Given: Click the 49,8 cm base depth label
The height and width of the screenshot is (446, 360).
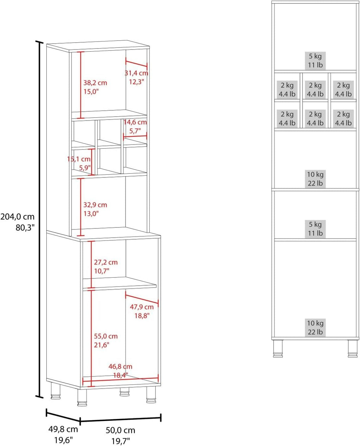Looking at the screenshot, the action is [x=63, y=429].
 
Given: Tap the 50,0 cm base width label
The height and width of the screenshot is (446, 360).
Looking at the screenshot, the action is [x=121, y=430].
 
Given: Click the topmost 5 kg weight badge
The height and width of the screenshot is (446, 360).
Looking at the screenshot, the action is [x=315, y=60].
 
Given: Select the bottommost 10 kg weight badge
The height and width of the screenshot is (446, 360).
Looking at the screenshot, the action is [x=315, y=328].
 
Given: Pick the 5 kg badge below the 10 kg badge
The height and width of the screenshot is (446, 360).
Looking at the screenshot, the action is [x=315, y=229].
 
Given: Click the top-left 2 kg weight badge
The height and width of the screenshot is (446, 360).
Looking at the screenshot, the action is [x=287, y=90].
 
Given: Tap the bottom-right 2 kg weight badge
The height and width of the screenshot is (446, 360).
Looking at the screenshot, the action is [x=343, y=118].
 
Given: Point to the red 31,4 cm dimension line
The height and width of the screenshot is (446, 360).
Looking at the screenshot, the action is [x=136, y=64].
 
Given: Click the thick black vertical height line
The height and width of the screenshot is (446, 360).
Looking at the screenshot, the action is [x=39, y=219].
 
